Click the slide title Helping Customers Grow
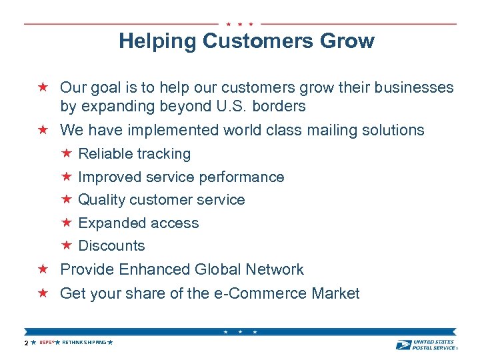point(246,41)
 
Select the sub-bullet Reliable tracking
point(134,154)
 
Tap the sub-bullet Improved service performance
point(181,177)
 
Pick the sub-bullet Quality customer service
point(161,200)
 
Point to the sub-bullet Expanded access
point(138,223)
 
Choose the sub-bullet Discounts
point(111,246)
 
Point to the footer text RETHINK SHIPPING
point(84,343)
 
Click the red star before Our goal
point(43,87)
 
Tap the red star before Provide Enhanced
point(43,269)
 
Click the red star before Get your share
point(43,293)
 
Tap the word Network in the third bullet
point(274,269)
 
